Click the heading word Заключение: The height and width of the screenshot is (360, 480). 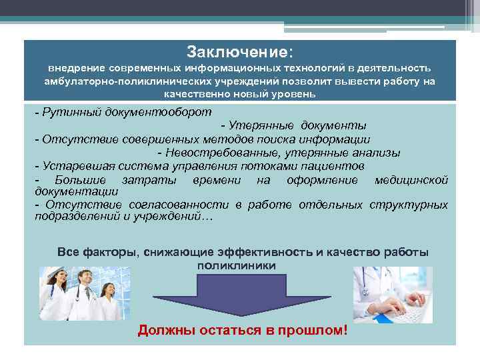[x=239, y=52]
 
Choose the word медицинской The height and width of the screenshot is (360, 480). [x=411, y=180]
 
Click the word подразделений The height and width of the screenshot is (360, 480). [x=75, y=217]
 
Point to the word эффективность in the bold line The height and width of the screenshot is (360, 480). [x=267, y=252]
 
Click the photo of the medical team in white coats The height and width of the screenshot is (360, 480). [x=80, y=294]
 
